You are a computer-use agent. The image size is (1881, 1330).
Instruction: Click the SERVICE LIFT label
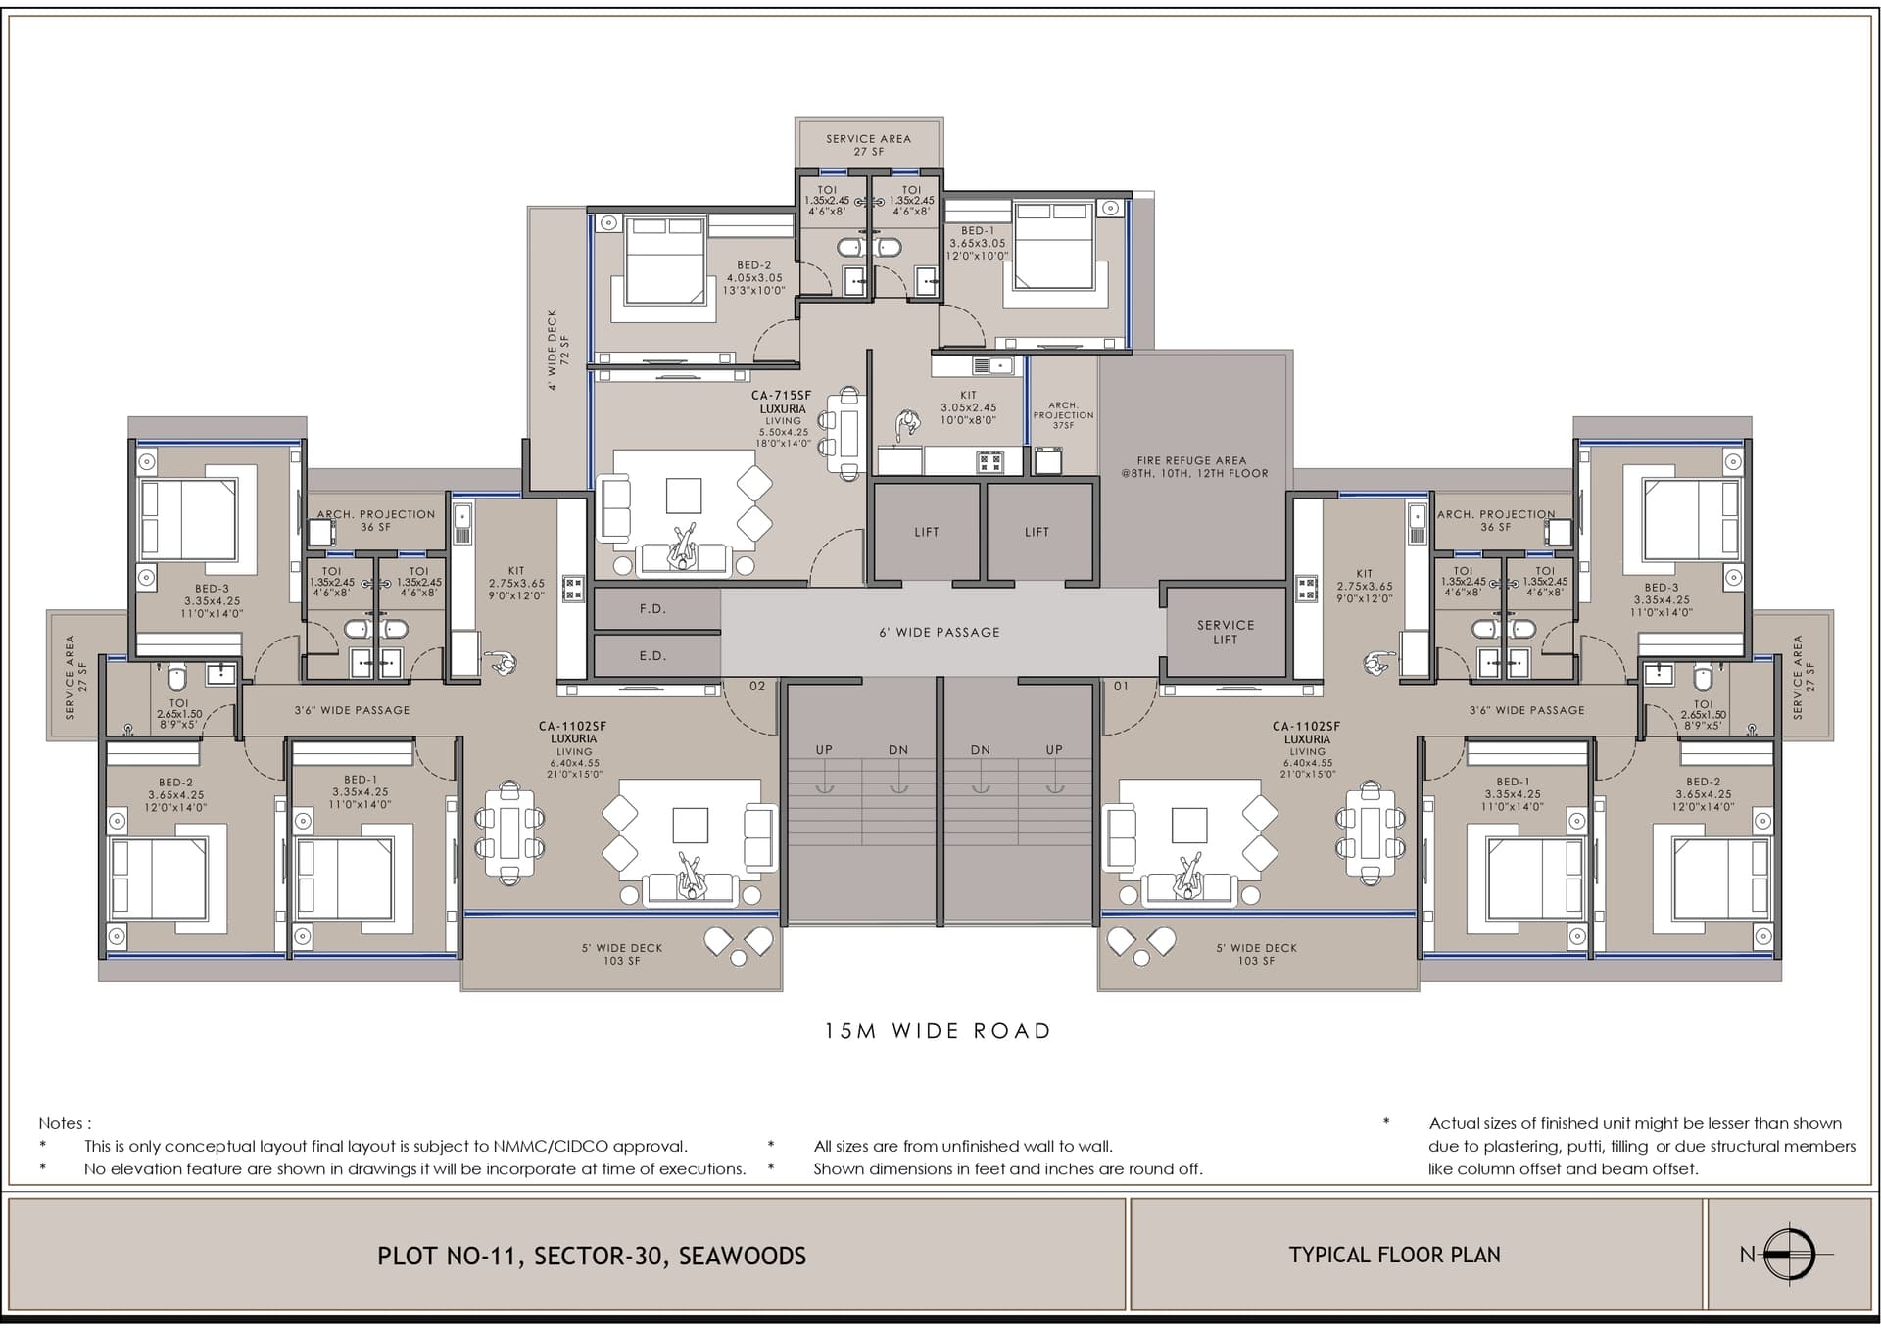(x=1225, y=632)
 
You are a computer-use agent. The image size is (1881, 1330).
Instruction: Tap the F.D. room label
(x=652, y=609)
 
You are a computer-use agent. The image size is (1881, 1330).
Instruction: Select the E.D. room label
(x=652, y=656)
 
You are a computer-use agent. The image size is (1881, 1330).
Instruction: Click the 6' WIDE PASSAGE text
(x=940, y=633)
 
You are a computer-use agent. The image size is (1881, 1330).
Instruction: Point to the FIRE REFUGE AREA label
(x=1191, y=466)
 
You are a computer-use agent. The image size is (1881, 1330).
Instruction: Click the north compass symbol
(x=1790, y=1254)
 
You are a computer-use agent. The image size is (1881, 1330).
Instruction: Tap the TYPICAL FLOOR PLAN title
(x=1394, y=1255)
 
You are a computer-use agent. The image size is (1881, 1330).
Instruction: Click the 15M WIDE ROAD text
(x=938, y=1031)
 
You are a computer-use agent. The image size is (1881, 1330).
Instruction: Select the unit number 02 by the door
(x=757, y=687)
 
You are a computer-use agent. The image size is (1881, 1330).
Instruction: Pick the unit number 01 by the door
(x=1121, y=687)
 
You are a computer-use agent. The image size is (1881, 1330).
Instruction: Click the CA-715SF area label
(x=781, y=396)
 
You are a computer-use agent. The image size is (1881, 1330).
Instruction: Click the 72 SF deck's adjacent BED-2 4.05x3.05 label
(x=754, y=277)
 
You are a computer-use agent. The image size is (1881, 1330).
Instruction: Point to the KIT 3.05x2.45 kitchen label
(x=968, y=407)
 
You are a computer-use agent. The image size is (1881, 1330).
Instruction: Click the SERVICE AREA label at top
(x=868, y=145)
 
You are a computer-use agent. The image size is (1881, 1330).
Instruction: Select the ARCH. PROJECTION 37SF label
(x=1063, y=414)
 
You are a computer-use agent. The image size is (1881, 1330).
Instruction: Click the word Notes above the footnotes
(x=65, y=1123)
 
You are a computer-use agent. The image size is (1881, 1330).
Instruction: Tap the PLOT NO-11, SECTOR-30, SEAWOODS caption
(x=592, y=1256)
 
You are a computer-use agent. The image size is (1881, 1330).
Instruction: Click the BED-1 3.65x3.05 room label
(x=977, y=243)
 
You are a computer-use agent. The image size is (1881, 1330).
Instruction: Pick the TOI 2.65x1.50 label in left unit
(x=179, y=714)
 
